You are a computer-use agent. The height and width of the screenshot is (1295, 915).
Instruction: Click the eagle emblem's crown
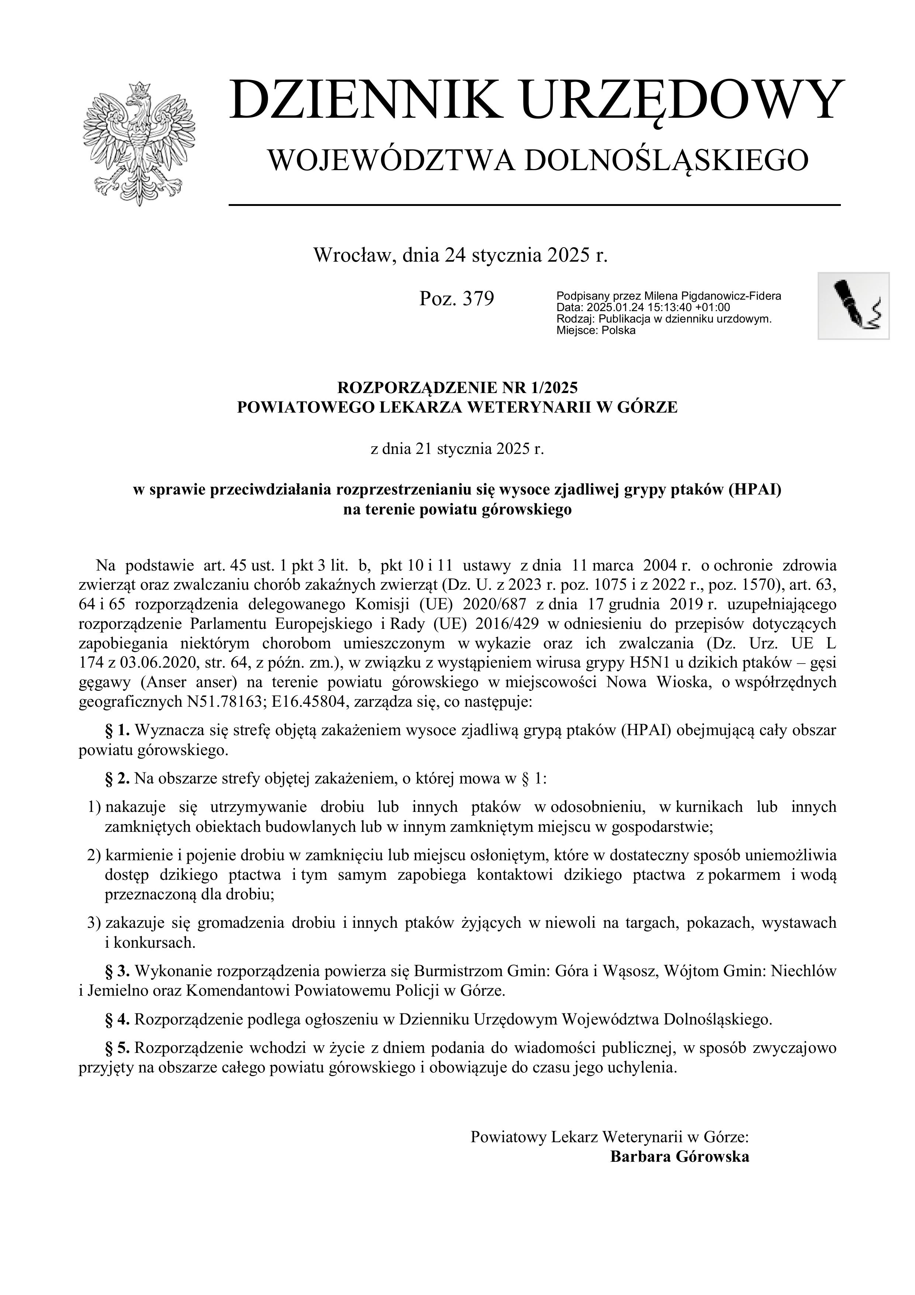pos(139,89)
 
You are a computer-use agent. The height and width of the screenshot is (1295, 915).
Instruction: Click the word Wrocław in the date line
pos(347,255)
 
